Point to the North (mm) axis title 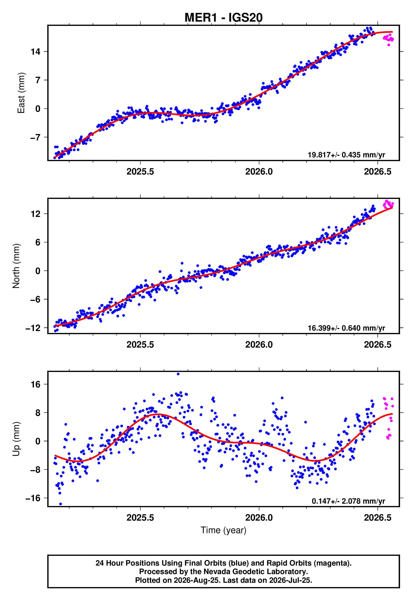[16, 266]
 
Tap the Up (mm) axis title [16, 439]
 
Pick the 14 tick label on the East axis [36, 52]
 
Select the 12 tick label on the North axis [36, 214]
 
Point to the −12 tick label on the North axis [33, 328]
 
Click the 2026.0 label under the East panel [259, 172]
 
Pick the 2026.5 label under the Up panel [378, 518]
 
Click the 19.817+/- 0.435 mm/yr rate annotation [346, 155]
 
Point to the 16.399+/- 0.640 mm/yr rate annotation [346, 328]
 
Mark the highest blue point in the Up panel [178, 374]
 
